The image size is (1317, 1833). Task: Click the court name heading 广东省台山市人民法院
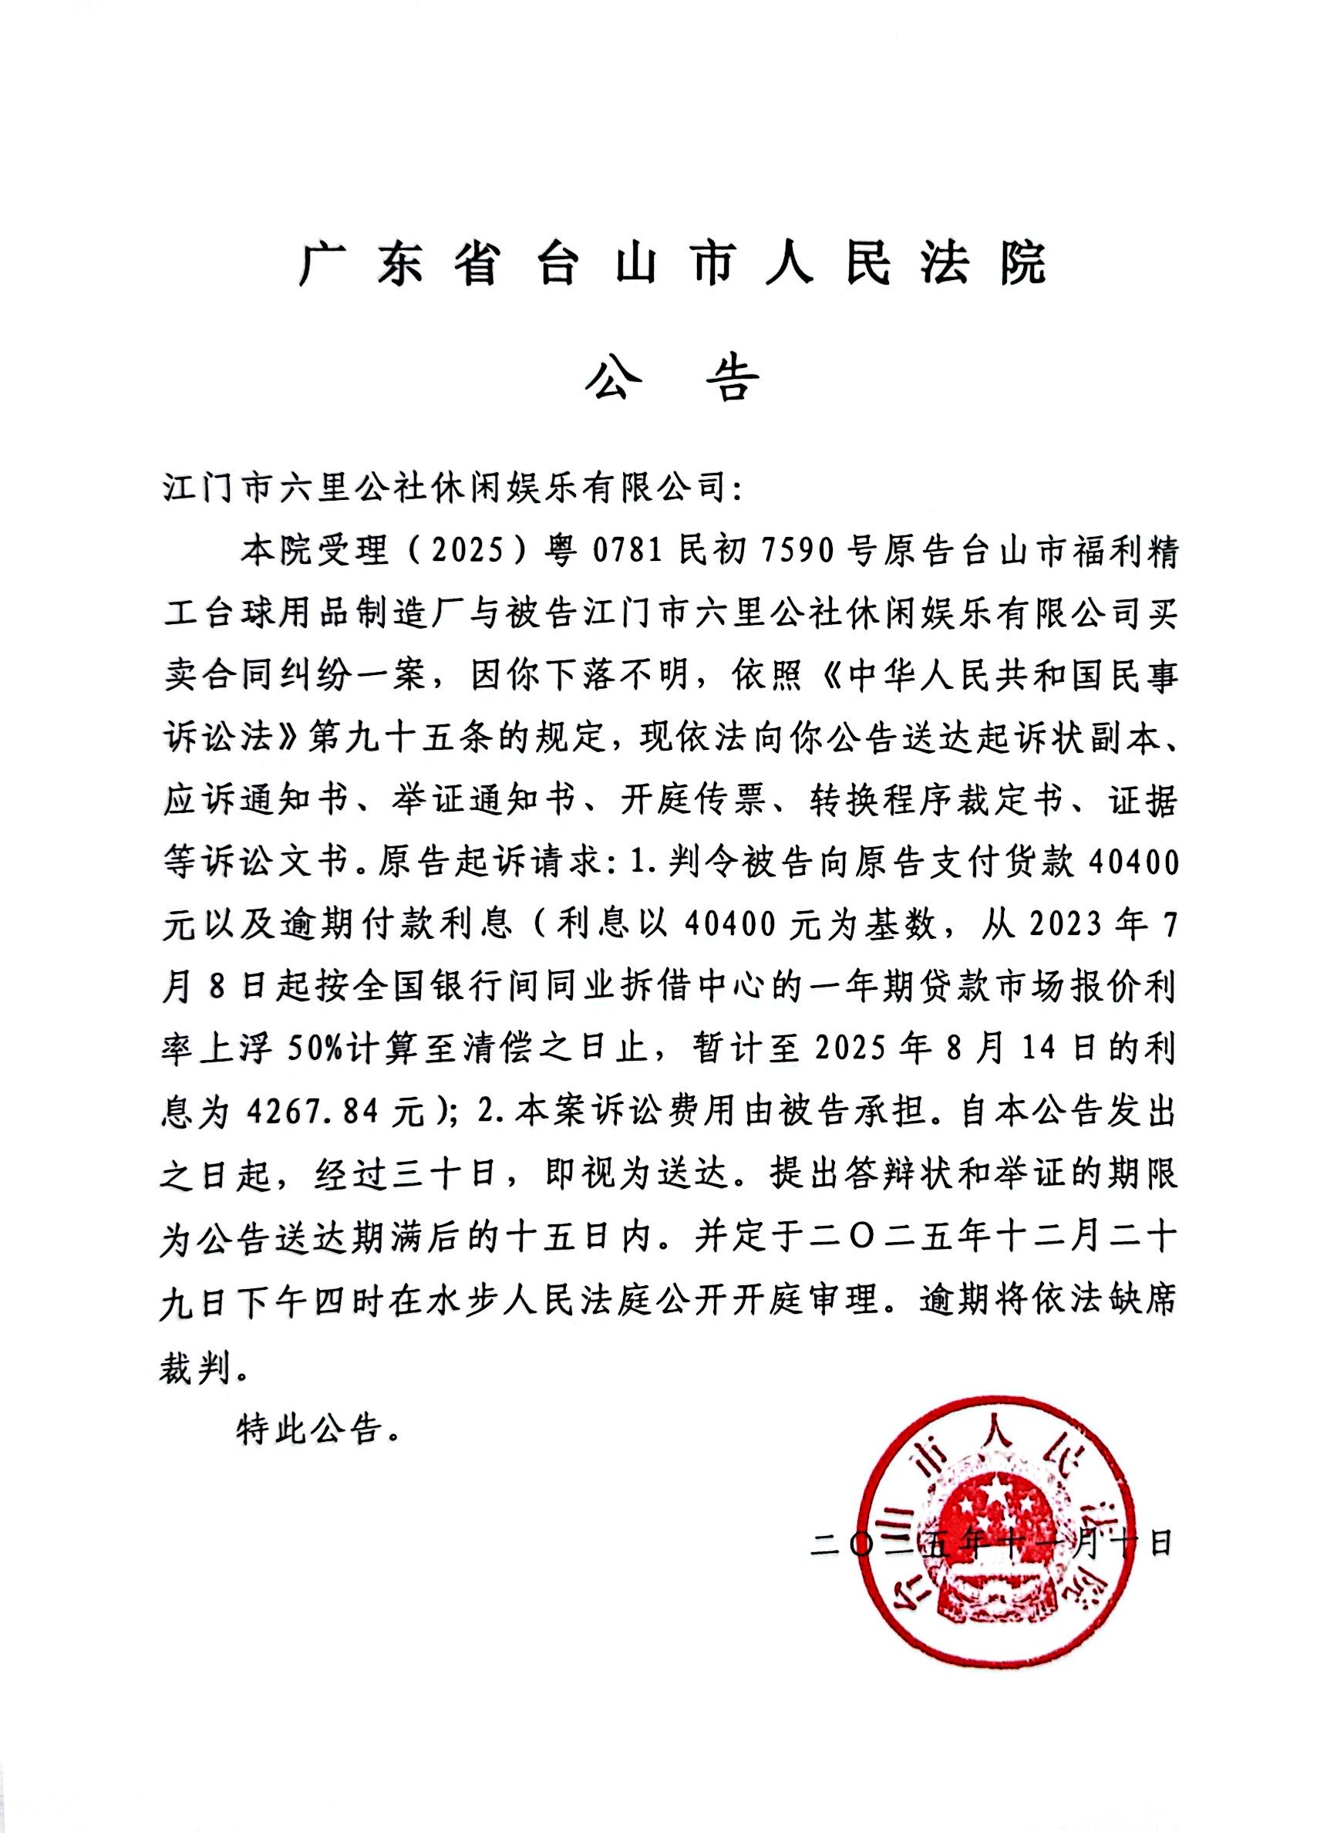(x=672, y=265)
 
